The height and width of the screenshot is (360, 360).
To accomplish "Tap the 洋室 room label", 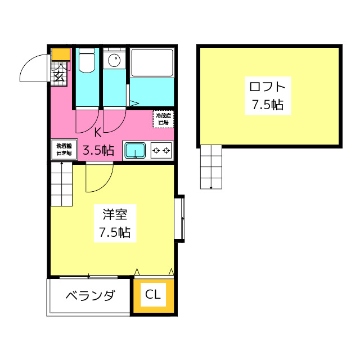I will (x=115, y=214).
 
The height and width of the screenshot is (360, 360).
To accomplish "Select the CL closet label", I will (x=153, y=294).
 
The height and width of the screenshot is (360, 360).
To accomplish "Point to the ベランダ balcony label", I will (x=90, y=296).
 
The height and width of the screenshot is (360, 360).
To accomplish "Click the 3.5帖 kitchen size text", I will (x=98, y=150).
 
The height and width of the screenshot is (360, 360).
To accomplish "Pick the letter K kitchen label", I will (x=98, y=133).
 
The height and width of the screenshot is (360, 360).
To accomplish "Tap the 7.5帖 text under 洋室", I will (x=115, y=232).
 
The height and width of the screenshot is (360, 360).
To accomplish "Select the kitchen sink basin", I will (x=135, y=150).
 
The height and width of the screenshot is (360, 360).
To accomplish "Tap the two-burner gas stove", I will (x=161, y=150).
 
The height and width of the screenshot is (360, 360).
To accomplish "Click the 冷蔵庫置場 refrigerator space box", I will (x=163, y=119).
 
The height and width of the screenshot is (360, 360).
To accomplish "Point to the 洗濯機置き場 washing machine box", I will (x=62, y=149).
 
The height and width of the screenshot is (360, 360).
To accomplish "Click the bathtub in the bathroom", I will (x=151, y=63).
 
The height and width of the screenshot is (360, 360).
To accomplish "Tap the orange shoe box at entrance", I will (x=60, y=55).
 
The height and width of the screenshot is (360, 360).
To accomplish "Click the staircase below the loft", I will (x=211, y=166).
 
